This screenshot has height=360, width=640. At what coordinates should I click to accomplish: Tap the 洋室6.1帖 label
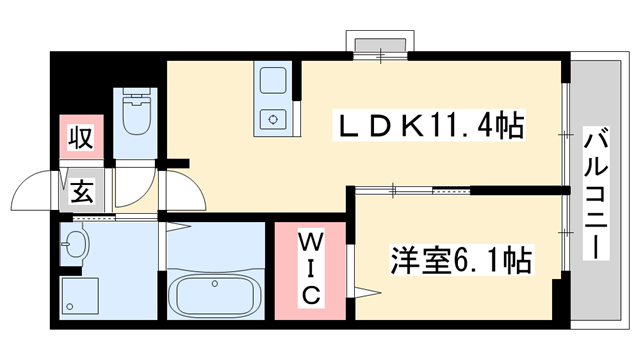pyautogui.click(x=459, y=261)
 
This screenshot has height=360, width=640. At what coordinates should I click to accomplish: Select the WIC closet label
pyautogui.click(x=310, y=267)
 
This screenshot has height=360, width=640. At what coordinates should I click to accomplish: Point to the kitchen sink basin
pyautogui.click(x=272, y=83)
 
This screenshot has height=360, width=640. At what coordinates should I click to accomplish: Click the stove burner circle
pyautogui.click(x=272, y=119)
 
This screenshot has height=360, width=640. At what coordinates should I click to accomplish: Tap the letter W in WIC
pyautogui.click(x=310, y=241)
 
